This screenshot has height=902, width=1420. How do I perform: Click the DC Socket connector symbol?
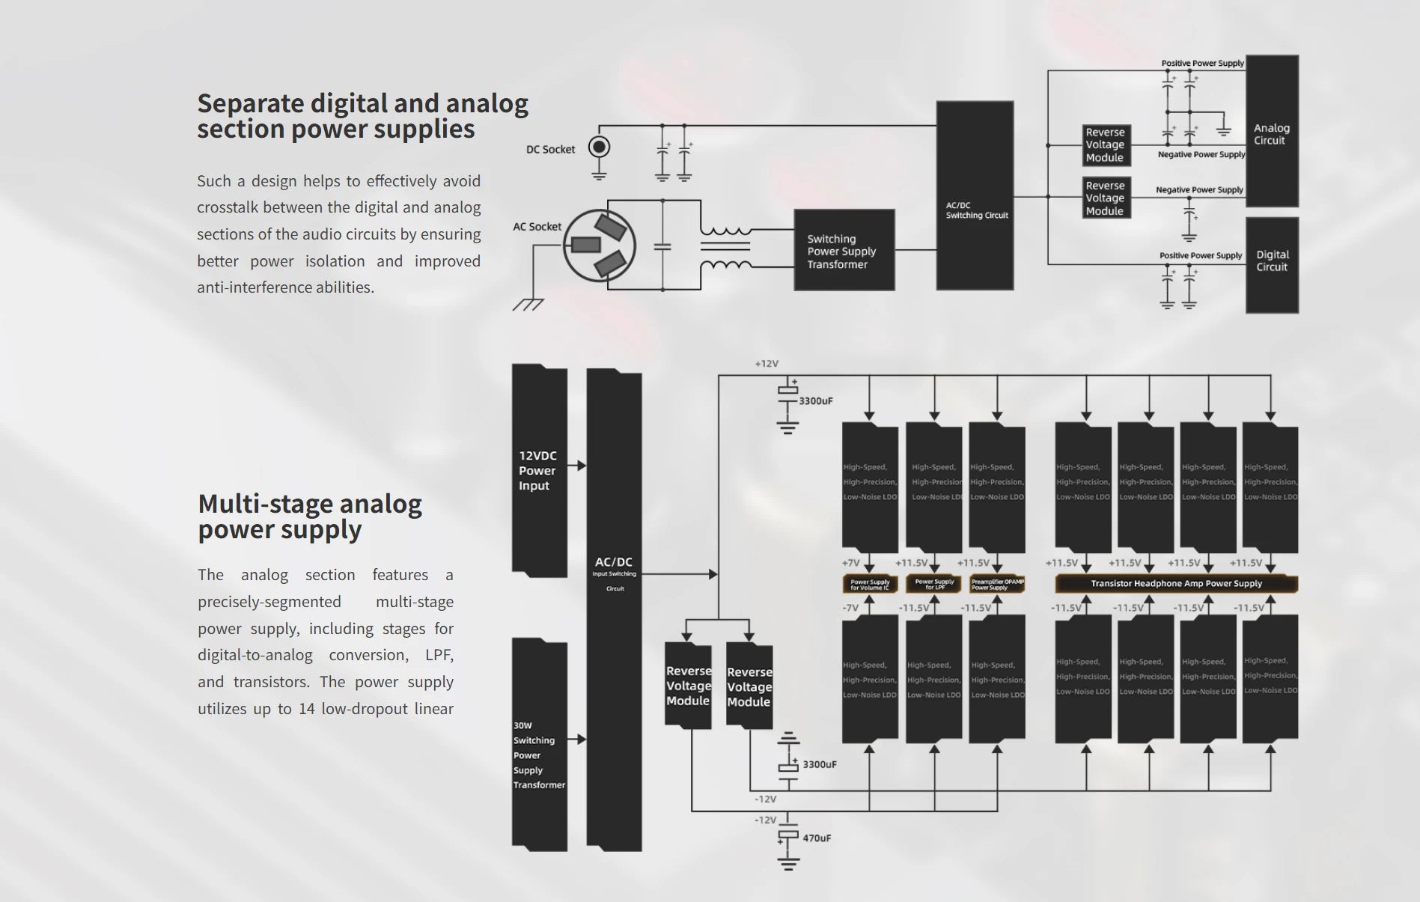click(599, 147)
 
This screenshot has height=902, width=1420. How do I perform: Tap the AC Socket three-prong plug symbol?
click(599, 246)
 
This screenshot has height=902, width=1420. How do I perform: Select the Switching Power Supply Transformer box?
click(844, 251)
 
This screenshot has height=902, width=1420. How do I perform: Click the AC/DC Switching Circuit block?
click(975, 196)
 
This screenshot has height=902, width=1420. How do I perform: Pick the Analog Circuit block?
click(1271, 132)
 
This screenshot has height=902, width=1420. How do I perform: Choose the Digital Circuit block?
click(1272, 264)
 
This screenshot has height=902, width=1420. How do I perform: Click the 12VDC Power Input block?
click(539, 470)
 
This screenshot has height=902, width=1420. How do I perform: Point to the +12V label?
click(767, 364)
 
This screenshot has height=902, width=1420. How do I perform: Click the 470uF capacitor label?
click(817, 838)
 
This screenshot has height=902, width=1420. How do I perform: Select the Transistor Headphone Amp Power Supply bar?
click(1176, 584)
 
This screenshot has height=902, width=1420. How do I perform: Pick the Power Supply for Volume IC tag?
click(870, 584)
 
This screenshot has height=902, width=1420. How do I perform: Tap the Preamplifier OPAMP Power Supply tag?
click(997, 584)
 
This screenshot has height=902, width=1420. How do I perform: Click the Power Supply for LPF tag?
click(934, 584)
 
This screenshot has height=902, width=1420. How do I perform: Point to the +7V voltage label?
click(850, 563)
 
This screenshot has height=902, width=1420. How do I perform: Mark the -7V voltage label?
click(850, 608)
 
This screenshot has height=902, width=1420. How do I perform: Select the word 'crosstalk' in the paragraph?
click(227, 207)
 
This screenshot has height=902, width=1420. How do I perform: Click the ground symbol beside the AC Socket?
click(528, 304)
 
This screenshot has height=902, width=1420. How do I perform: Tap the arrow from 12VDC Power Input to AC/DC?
click(577, 466)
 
